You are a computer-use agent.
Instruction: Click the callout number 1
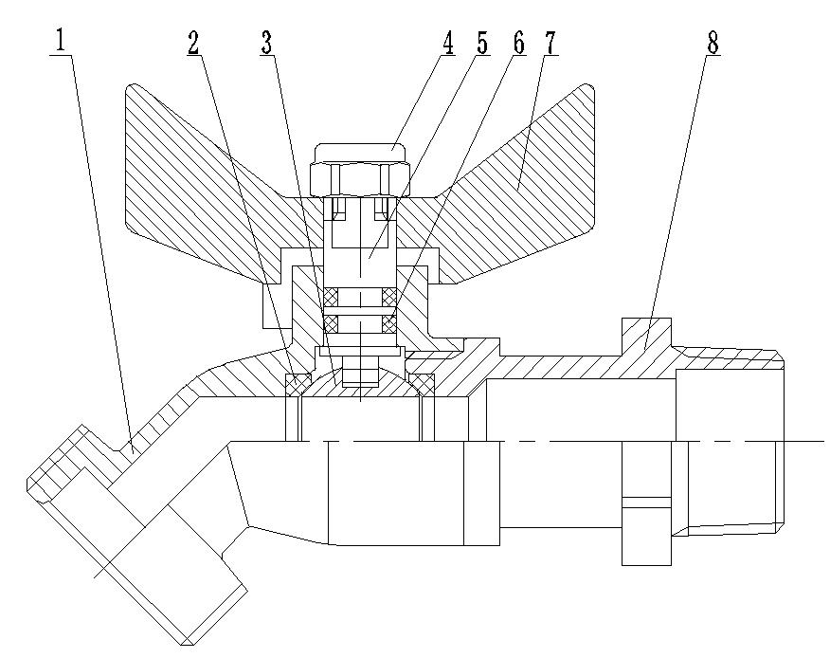pyautogui.click(x=62, y=41)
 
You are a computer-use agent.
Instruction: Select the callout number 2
pyautogui.click(x=193, y=43)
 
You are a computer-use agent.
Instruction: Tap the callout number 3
pyautogui.click(x=267, y=43)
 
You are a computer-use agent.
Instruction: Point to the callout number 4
pyautogui.click(x=449, y=43)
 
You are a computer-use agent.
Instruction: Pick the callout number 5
pyautogui.click(x=482, y=43)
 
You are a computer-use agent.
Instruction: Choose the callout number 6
pyautogui.click(x=519, y=43)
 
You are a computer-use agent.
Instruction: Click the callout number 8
pyautogui.click(x=713, y=43)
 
